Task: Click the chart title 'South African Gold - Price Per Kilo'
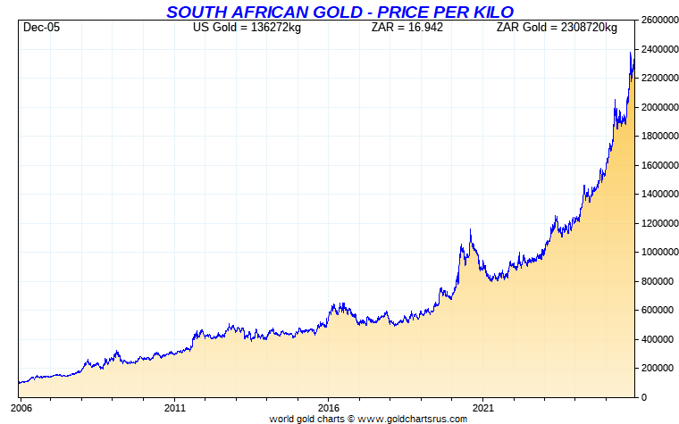pyautogui.click(x=339, y=12)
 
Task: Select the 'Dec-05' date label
pyautogui.click(x=42, y=28)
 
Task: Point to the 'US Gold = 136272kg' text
pyautogui.click(x=247, y=28)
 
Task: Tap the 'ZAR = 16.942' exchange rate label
pyautogui.click(x=407, y=28)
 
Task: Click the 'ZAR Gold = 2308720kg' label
pyautogui.click(x=556, y=28)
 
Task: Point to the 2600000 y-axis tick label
pyautogui.click(x=660, y=20)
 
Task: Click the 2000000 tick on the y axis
pyautogui.click(x=660, y=107)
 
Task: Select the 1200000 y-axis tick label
pyautogui.click(x=660, y=223)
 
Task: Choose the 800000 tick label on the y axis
pyautogui.click(x=658, y=281)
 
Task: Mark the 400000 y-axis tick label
pyautogui.click(x=658, y=339)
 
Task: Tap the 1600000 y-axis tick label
pyautogui.click(x=660, y=165)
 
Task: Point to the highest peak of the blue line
pyautogui.click(x=631, y=53)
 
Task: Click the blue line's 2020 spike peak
pyautogui.click(x=470, y=230)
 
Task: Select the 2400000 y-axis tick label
pyautogui.click(x=660, y=49)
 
